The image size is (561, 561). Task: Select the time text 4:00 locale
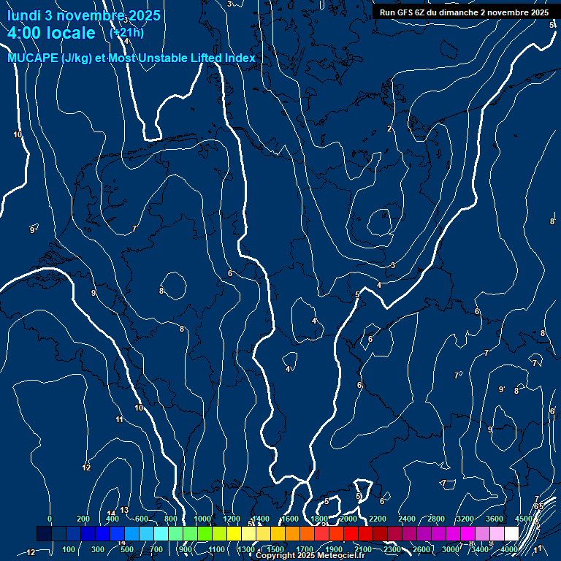click(x=51, y=33)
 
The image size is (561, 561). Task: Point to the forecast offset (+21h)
click(x=126, y=32)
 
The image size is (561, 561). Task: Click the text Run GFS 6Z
click(x=402, y=12)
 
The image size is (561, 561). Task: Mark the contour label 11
click(x=119, y=419)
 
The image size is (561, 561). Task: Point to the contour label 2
click(x=389, y=129)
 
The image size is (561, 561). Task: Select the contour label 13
click(x=124, y=510)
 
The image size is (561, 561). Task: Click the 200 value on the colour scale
click(x=83, y=519)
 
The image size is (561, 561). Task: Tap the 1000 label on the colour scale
click(x=202, y=519)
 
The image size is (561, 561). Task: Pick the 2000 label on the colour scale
click(x=348, y=519)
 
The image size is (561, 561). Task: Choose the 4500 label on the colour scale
click(x=524, y=519)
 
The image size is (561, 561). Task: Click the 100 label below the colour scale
click(x=69, y=549)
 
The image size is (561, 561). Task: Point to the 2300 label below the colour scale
click(x=392, y=549)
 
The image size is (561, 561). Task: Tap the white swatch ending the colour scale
click(x=511, y=534)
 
